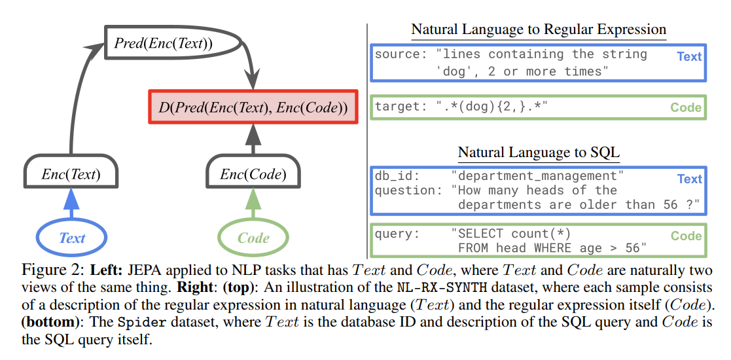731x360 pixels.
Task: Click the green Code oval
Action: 253,238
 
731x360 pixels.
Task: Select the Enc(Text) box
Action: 71,175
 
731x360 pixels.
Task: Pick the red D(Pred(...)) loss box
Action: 253,107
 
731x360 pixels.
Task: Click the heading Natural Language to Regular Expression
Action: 538,29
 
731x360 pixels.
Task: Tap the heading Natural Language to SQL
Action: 538,153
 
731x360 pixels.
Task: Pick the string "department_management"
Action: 537,176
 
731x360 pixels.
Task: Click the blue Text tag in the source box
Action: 689,56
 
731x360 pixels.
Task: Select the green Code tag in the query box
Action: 686,236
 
